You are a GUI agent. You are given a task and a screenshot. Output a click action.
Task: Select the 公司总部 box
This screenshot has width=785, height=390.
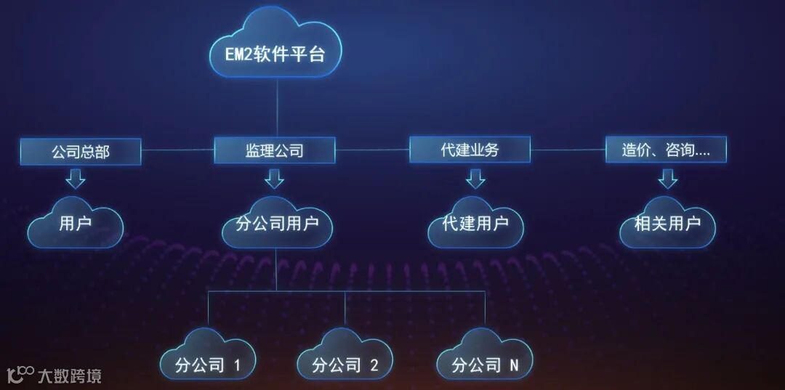(x=81, y=151)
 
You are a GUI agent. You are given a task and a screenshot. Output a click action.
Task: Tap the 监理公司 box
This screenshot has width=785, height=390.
(x=275, y=150)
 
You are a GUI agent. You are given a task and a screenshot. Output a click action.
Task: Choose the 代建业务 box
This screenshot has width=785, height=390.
(x=470, y=150)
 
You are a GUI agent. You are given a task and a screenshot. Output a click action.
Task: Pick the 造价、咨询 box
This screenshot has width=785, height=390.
(x=666, y=150)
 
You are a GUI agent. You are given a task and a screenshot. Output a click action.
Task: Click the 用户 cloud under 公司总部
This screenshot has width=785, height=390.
(x=76, y=223)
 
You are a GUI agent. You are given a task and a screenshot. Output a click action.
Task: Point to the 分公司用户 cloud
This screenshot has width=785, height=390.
(x=277, y=223)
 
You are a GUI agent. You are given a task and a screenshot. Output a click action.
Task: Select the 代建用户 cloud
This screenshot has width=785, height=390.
(x=475, y=223)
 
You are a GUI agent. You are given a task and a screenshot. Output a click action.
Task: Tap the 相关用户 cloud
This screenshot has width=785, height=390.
(x=667, y=223)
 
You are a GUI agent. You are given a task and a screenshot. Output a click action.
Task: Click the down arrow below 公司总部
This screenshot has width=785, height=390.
(x=75, y=177)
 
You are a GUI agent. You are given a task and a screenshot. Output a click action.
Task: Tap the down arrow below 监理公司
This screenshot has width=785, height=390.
(x=274, y=177)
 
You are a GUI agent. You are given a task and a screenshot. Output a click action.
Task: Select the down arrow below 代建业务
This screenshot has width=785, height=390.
(x=475, y=177)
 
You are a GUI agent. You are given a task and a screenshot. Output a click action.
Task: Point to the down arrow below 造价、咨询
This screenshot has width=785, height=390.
(x=668, y=177)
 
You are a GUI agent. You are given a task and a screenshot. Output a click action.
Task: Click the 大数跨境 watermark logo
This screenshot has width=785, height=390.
(x=54, y=375)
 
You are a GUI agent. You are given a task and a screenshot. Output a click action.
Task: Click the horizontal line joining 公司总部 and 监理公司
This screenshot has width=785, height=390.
(x=177, y=150)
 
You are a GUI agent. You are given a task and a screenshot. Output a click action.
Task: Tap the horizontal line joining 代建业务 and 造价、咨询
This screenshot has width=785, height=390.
(x=568, y=150)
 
